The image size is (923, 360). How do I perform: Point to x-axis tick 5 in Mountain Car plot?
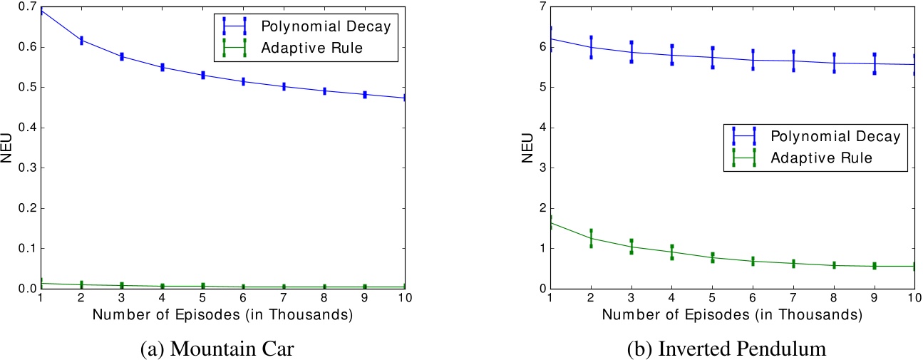pos(204,298)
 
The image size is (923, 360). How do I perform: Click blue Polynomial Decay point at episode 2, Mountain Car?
pos(81,41)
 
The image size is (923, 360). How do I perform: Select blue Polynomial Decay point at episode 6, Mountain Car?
pos(244,82)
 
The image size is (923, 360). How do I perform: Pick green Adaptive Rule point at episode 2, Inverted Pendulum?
pos(591,238)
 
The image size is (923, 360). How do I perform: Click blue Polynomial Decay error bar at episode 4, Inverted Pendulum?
pos(672,55)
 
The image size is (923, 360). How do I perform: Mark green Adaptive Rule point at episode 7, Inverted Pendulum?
pos(793,263)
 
